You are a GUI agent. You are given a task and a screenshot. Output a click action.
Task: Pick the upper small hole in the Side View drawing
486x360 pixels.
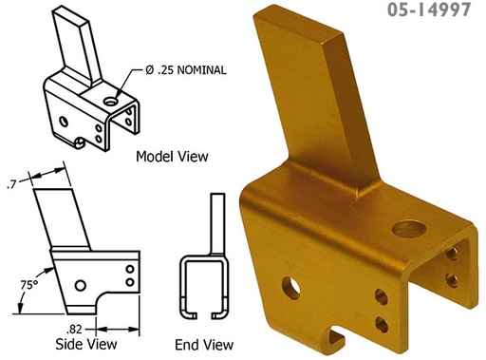coord(129,269)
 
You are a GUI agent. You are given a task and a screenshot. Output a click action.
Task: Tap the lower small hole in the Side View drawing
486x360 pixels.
coord(129,282)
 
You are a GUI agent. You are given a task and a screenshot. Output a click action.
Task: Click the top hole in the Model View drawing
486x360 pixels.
coord(113,99)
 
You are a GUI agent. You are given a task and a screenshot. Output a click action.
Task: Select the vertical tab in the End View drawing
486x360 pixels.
coord(216,222)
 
